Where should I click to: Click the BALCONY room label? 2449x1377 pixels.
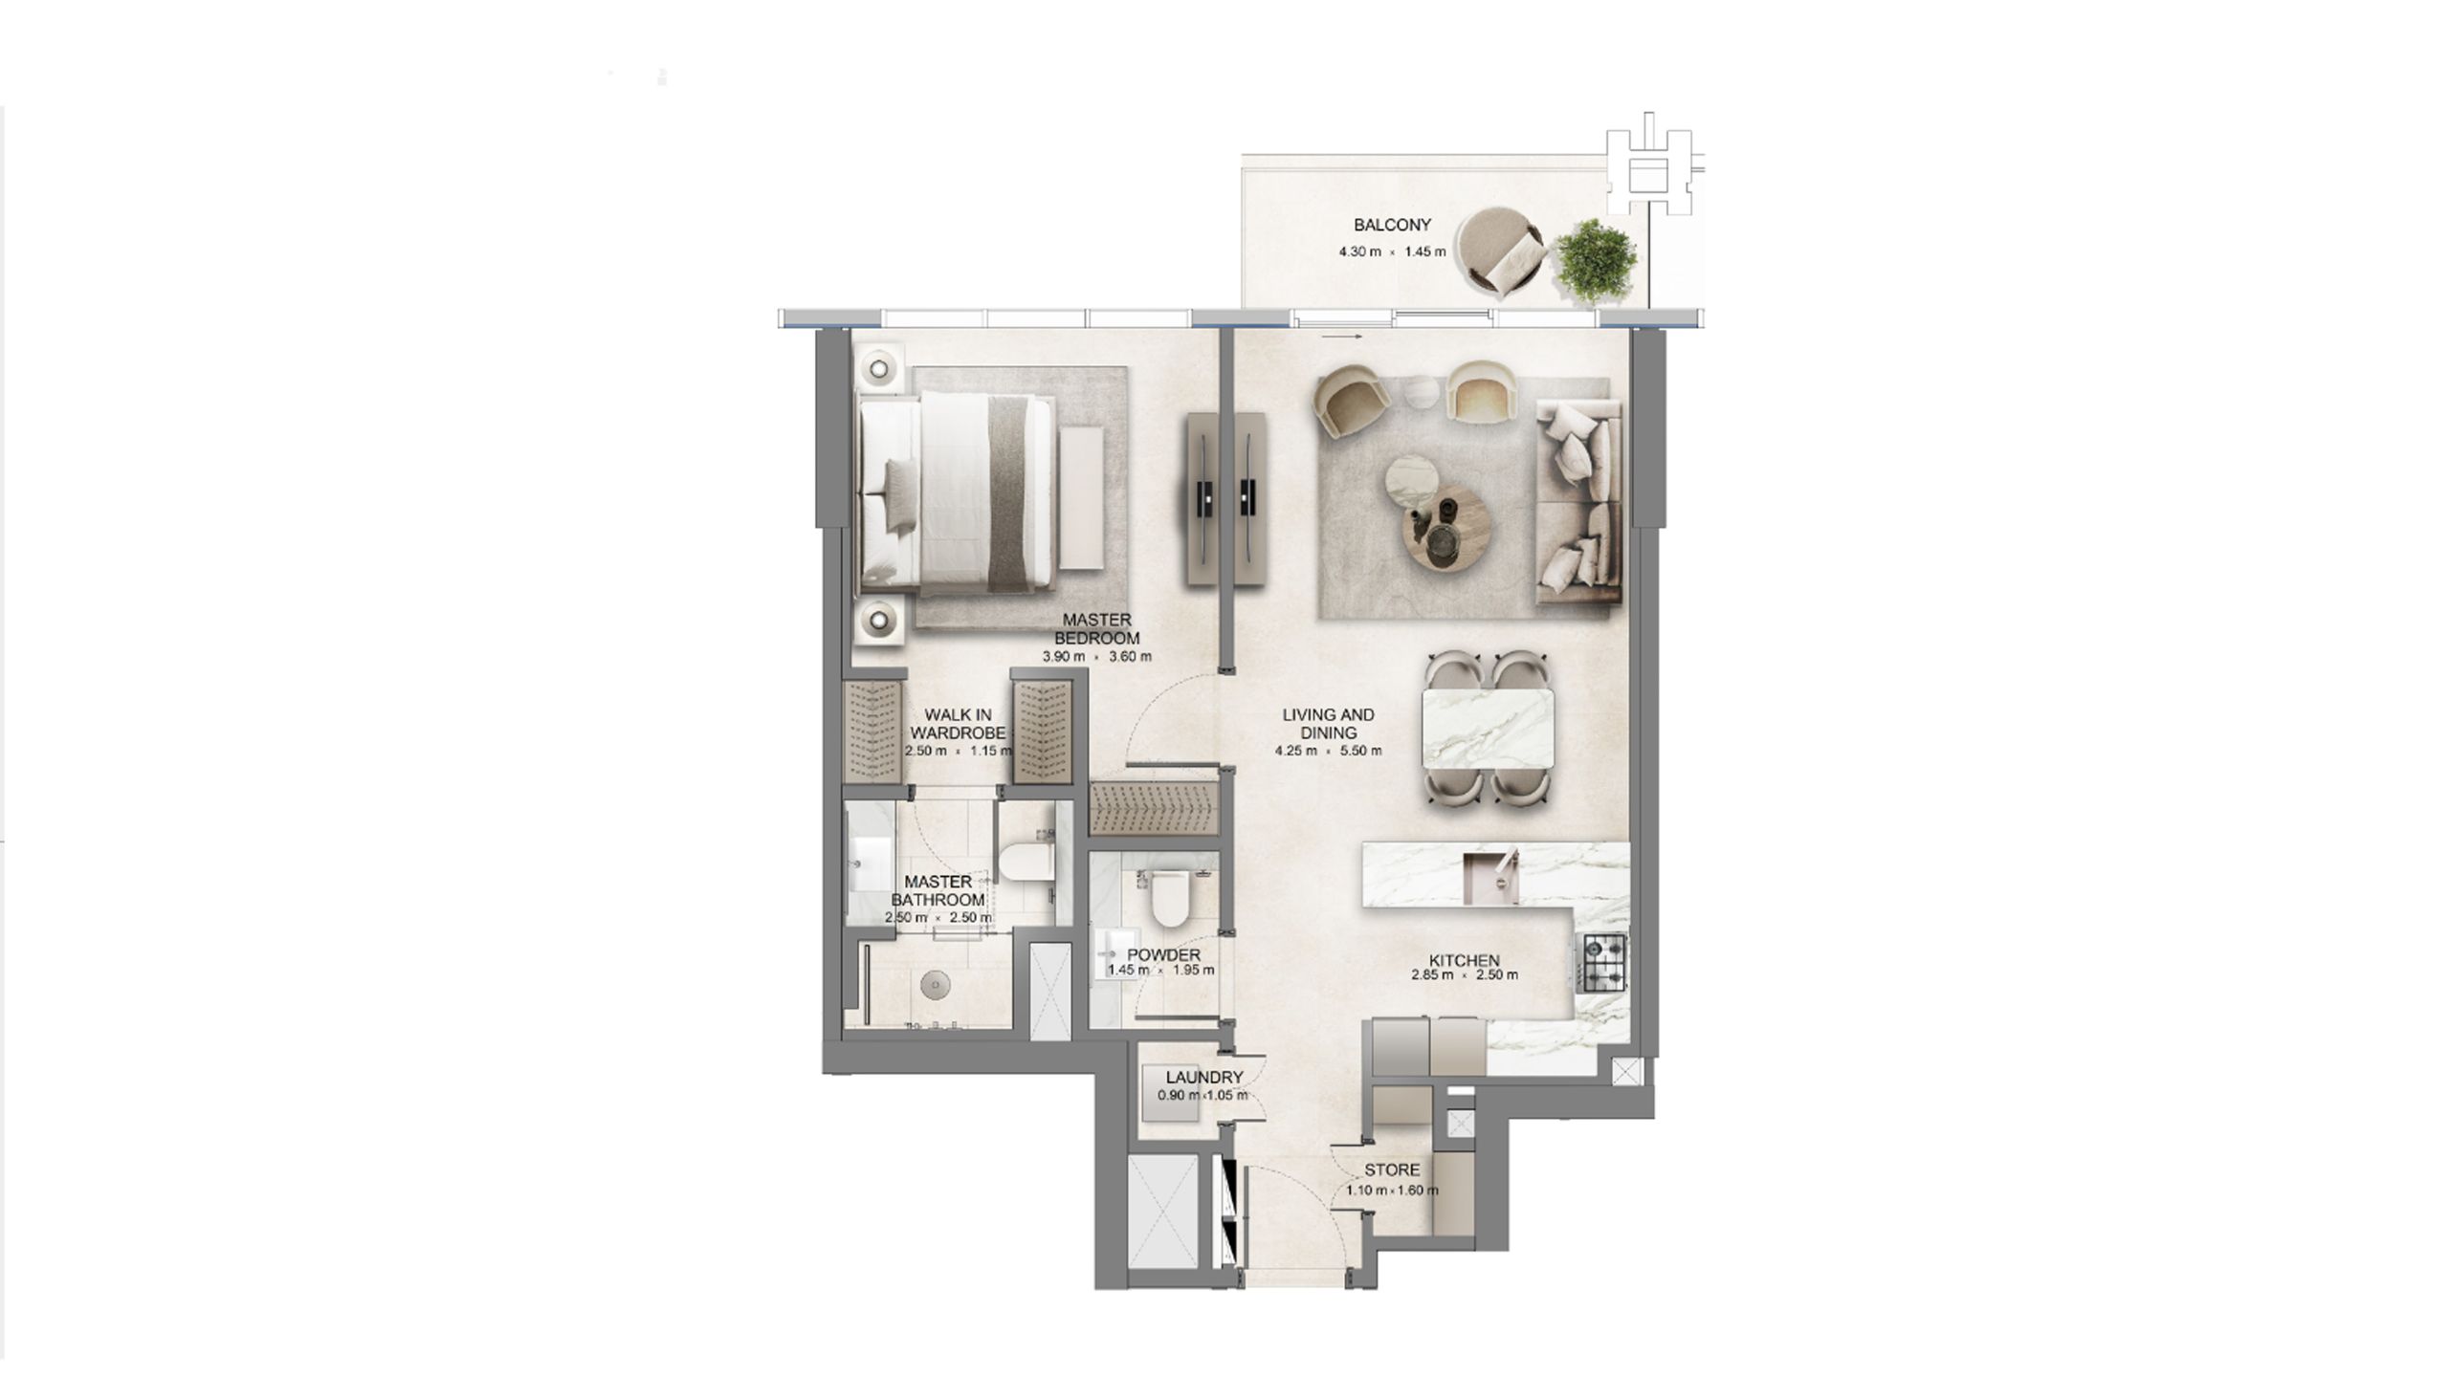point(1392,225)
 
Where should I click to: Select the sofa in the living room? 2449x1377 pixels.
point(1578,503)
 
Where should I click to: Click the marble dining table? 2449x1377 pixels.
point(1489,729)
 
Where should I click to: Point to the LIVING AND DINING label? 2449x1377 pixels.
point(1329,723)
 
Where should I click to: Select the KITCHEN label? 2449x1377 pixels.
point(1465,960)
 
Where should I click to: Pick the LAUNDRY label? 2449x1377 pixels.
point(1204,1078)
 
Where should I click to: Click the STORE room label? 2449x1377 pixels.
point(1392,1169)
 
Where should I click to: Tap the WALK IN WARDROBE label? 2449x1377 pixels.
point(958,723)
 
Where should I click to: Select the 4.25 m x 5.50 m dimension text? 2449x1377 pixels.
point(1329,751)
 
